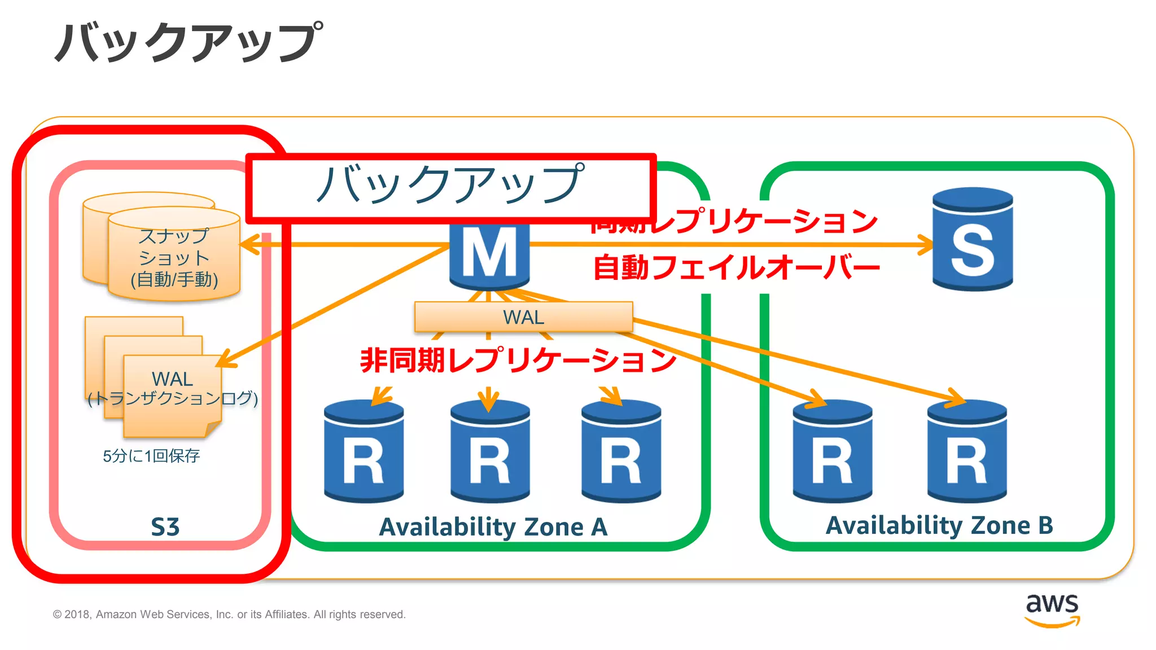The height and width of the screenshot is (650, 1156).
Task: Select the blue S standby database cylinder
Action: pyautogui.click(x=972, y=240)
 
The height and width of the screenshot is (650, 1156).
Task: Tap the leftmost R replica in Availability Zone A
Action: pyautogui.click(x=364, y=451)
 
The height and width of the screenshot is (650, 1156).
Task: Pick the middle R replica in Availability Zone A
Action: pyautogui.click(x=489, y=451)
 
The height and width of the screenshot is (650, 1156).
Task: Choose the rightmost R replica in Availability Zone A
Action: pyautogui.click(x=621, y=451)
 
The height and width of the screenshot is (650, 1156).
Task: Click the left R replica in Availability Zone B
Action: pyautogui.click(x=832, y=451)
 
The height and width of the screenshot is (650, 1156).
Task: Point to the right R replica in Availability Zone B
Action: pyautogui.click(x=966, y=451)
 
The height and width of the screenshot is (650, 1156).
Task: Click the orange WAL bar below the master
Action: pyautogui.click(x=523, y=317)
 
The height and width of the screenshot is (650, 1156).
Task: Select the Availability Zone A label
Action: pyautogui.click(x=493, y=527)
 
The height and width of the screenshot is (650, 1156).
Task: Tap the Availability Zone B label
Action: pyautogui.click(x=939, y=525)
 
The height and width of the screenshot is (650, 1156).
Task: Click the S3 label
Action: pyautogui.click(x=165, y=527)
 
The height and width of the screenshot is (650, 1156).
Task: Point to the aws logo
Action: pyautogui.click(x=1052, y=609)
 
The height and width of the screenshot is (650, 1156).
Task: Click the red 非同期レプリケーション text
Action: pyautogui.click(x=518, y=359)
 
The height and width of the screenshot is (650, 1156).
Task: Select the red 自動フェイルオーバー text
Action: pyautogui.click(x=736, y=267)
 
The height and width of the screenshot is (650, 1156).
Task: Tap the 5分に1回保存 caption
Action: pyautogui.click(x=151, y=456)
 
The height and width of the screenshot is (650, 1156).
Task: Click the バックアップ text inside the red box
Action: pyautogui.click(x=450, y=184)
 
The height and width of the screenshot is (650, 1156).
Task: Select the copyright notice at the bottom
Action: pyautogui.click(x=229, y=614)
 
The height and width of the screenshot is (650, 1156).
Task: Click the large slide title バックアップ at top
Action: pyautogui.click(x=189, y=42)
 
